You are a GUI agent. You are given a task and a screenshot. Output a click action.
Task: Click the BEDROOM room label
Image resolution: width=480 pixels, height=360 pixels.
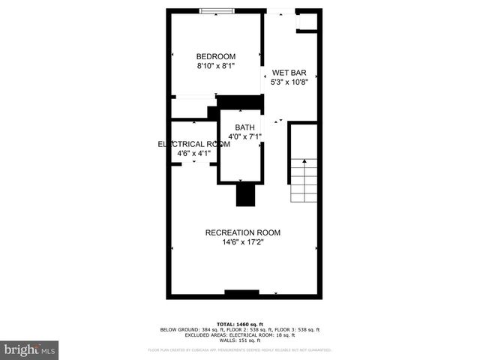pos(216,56)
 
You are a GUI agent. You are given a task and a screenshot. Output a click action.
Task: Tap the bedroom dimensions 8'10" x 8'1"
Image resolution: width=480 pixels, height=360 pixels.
pos(216,66)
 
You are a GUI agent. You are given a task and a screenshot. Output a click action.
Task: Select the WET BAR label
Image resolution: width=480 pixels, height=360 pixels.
pos(289,73)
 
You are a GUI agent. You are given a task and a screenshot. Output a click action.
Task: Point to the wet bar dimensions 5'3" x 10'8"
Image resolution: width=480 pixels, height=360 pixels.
pos(289,82)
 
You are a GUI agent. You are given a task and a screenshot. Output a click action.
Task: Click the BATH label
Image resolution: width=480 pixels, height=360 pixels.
pos(244,127)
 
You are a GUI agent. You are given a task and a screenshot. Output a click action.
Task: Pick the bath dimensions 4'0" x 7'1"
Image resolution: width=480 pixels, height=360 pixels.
pos(244,136)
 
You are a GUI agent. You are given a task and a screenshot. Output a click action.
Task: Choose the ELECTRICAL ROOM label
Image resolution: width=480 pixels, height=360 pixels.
pos(193,144)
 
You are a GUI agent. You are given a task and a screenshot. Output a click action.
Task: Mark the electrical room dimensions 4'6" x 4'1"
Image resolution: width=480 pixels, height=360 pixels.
pos(193,154)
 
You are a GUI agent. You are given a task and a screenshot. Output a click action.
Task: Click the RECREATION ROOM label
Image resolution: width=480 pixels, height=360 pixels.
pos(242,232)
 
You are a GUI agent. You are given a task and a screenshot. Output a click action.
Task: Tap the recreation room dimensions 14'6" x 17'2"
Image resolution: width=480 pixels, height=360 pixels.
pos(242,242)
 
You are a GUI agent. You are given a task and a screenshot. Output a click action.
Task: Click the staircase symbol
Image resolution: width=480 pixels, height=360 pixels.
pos(304,180)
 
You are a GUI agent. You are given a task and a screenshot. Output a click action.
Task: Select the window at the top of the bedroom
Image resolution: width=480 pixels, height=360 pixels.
pos(216,11)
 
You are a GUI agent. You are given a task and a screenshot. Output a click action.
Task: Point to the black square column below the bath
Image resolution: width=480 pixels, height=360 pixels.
pos(246,195)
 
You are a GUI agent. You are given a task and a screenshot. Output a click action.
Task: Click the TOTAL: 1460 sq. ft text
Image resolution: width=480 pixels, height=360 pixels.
pos(239,323)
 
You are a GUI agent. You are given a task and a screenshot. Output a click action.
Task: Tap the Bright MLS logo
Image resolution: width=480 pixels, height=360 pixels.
pos(30,349)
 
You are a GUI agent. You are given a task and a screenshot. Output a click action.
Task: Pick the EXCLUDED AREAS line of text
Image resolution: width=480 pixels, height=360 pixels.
pos(239,334)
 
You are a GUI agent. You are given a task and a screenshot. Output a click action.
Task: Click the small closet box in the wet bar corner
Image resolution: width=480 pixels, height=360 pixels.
pos(307,22)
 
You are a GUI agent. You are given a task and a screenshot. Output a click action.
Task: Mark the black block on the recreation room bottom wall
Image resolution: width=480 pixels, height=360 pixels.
pos(241,293)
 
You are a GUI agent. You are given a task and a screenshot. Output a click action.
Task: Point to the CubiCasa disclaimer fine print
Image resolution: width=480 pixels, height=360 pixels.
pos(239,349)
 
